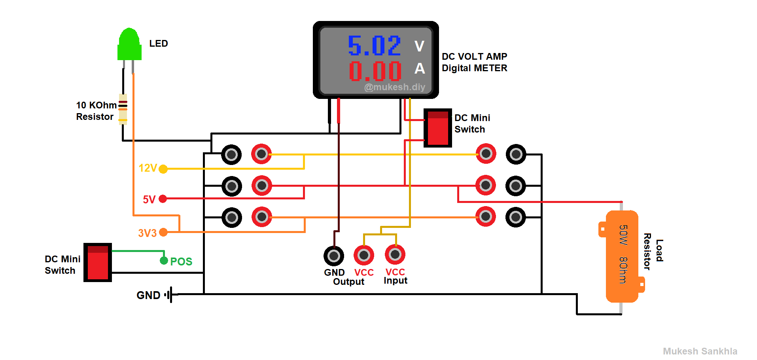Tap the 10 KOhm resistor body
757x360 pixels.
pos(123,109)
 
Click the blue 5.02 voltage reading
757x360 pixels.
pos(374,46)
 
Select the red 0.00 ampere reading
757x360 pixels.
pos(375,71)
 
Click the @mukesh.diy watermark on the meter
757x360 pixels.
pos(394,87)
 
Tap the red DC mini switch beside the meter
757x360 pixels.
pos(437,128)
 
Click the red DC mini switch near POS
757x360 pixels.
pos(98,262)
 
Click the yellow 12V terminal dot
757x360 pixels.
pos(163,169)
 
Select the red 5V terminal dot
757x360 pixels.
pos(163,199)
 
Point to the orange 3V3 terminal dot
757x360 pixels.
pos(163,233)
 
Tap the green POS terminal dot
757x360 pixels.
pos(164,261)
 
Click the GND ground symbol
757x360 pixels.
pos(170,295)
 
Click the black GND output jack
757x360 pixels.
pos(334,256)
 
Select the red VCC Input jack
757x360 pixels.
pos(395,255)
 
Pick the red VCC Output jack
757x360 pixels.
pos(364,256)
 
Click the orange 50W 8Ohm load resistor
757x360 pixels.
pos(622,256)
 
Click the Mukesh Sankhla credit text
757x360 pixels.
pos(700,351)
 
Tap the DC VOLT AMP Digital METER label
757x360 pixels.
pos(474,63)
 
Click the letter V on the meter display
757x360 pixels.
pos(419,46)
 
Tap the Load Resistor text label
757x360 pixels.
pos(653,251)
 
